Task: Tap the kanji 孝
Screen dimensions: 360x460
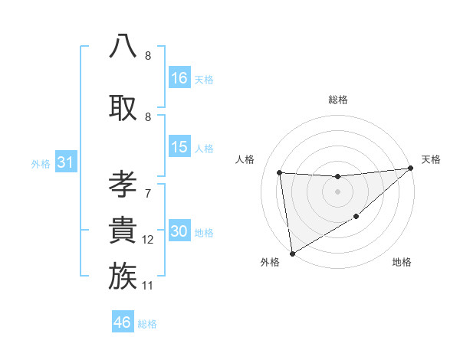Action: coord(123,185)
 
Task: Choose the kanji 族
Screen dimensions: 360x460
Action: coord(123,275)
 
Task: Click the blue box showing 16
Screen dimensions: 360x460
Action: coord(179,78)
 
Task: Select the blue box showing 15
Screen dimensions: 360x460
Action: coord(179,148)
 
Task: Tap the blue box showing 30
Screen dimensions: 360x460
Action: coord(179,232)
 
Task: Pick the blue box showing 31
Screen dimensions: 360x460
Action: coord(65,163)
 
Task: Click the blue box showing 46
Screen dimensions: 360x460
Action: coord(123,323)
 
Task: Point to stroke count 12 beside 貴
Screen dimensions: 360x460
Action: coord(148,241)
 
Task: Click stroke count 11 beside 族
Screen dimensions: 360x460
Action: coord(148,286)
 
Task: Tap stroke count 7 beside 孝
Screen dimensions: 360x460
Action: coord(148,194)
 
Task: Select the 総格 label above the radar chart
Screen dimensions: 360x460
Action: coord(338,100)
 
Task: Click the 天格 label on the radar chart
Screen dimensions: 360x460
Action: coord(431,159)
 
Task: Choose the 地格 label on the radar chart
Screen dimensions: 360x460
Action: coord(402,262)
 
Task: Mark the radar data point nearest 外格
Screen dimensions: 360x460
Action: coord(292,253)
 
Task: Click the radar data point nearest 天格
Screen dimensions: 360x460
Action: coord(411,169)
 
